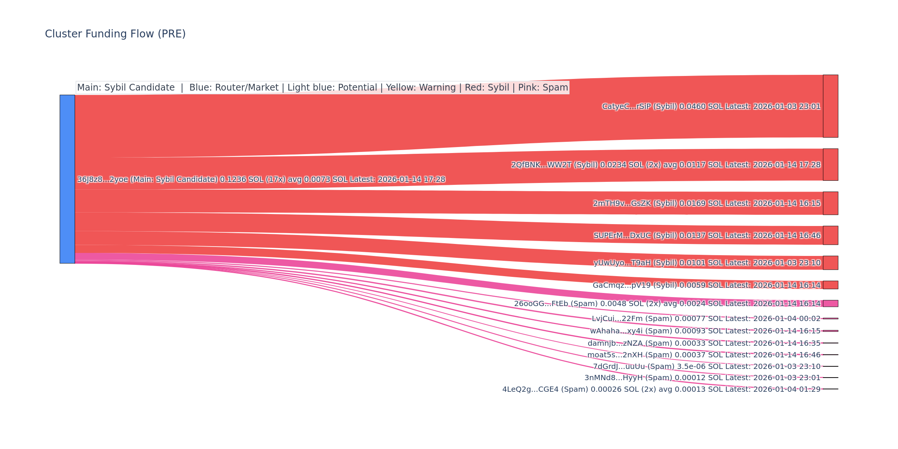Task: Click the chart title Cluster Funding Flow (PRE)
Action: click(x=115, y=34)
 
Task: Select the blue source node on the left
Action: click(x=67, y=179)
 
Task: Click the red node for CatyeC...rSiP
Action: click(x=830, y=106)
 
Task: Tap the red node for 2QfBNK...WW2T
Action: click(x=830, y=165)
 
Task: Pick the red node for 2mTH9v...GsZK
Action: click(x=830, y=203)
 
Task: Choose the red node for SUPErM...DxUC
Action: click(x=830, y=235)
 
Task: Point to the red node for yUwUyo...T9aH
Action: click(x=830, y=263)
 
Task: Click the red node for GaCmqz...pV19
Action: click(x=830, y=285)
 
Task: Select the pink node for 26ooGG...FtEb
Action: click(x=830, y=303)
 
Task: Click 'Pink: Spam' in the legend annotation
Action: click(x=543, y=88)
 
